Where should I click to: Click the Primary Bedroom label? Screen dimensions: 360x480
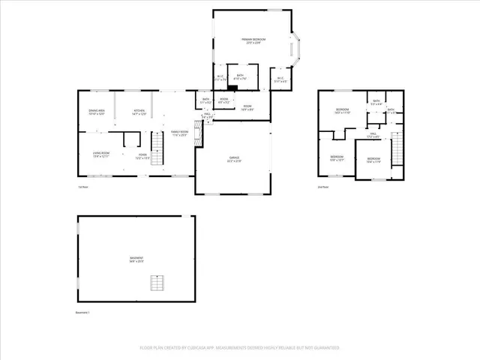[x=254, y=40]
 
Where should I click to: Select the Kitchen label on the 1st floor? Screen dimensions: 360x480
[x=139, y=111]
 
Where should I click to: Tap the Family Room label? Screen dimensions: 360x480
[x=179, y=133]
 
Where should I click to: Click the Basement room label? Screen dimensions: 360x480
[x=136, y=259]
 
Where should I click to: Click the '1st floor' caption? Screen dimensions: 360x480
[x=83, y=187]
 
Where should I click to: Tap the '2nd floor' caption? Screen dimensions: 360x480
[x=323, y=187]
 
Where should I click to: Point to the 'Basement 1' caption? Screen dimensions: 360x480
[x=82, y=312]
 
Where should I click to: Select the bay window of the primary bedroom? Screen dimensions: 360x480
[x=296, y=47]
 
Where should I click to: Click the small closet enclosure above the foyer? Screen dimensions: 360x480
[x=131, y=139]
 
